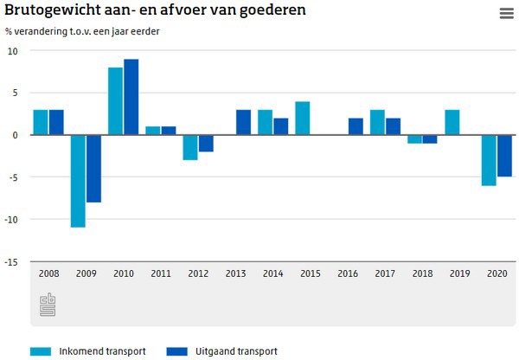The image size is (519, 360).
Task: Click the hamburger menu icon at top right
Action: (506, 13)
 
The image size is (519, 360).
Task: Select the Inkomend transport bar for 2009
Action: (78, 181)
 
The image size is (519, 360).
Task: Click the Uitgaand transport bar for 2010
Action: (131, 97)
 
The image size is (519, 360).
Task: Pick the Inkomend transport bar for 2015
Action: (302, 119)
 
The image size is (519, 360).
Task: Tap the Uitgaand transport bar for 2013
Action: (243, 122)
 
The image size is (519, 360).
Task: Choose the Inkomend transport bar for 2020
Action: (489, 160)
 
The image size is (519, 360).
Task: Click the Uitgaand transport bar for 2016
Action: (356, 126)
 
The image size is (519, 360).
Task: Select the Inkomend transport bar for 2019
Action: (452, 122)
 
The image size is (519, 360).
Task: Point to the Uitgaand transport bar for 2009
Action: (93, 169)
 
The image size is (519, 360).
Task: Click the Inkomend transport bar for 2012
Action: (190, 147)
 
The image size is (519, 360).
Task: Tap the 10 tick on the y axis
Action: (12, 50)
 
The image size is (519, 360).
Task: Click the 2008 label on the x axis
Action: (48, 274)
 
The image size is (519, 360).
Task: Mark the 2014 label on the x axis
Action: (272, 274)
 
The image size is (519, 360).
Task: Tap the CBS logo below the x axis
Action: (48, 305)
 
